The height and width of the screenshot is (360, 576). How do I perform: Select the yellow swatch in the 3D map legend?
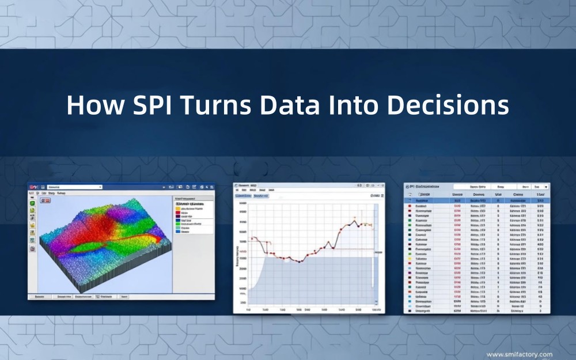178,208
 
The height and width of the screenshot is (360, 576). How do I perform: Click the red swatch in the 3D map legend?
178,212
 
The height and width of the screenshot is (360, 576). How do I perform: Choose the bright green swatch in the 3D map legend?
178,224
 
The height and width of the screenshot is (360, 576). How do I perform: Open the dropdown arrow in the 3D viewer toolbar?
100,187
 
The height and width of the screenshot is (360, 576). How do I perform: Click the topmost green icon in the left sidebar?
32,203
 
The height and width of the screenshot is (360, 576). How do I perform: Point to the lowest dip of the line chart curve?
300,262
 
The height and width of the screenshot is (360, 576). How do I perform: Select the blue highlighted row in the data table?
476,200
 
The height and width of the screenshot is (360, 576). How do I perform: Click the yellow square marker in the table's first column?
408,260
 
